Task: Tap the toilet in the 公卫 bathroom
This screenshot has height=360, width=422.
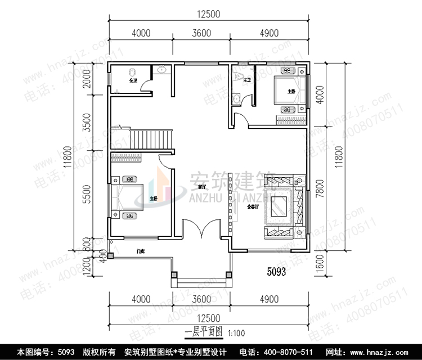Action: [133, 73]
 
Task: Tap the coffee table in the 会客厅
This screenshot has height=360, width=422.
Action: [280, 206]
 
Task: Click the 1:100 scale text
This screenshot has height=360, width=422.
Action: [236, 333]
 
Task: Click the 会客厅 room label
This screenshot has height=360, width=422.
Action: [253, 207]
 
